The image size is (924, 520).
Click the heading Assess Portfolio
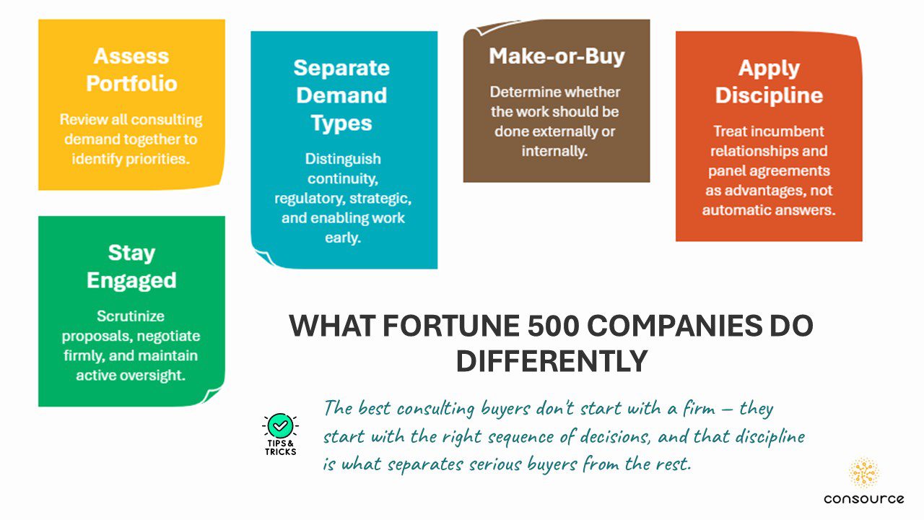[131, 69]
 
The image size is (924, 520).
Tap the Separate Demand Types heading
[341, 95]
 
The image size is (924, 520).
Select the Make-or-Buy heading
[557, 56]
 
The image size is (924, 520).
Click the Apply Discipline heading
[769, 82]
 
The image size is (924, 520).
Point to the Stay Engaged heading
[131, 266]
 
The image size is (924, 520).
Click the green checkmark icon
[281, 425]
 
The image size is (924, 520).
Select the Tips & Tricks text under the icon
[281, 447]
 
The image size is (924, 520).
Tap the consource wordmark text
[863, 499]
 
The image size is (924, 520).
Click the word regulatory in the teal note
[306, 198]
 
